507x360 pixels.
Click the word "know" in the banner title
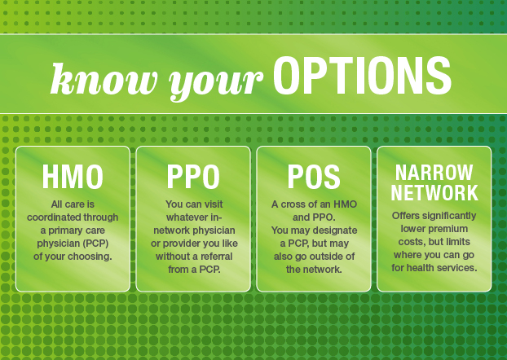tap(104, 79)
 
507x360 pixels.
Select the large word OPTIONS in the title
tap(362, 76)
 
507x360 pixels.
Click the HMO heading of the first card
tap(73, 177)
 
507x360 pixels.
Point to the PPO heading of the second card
tap(193, 177)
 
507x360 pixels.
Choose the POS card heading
tap(314, 177)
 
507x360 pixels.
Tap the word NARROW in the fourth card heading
tap(434, 172)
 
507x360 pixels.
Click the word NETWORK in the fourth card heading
tap(434, 192)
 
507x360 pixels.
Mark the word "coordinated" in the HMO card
tap(52, 217)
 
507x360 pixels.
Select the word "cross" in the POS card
tap(293, 204)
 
